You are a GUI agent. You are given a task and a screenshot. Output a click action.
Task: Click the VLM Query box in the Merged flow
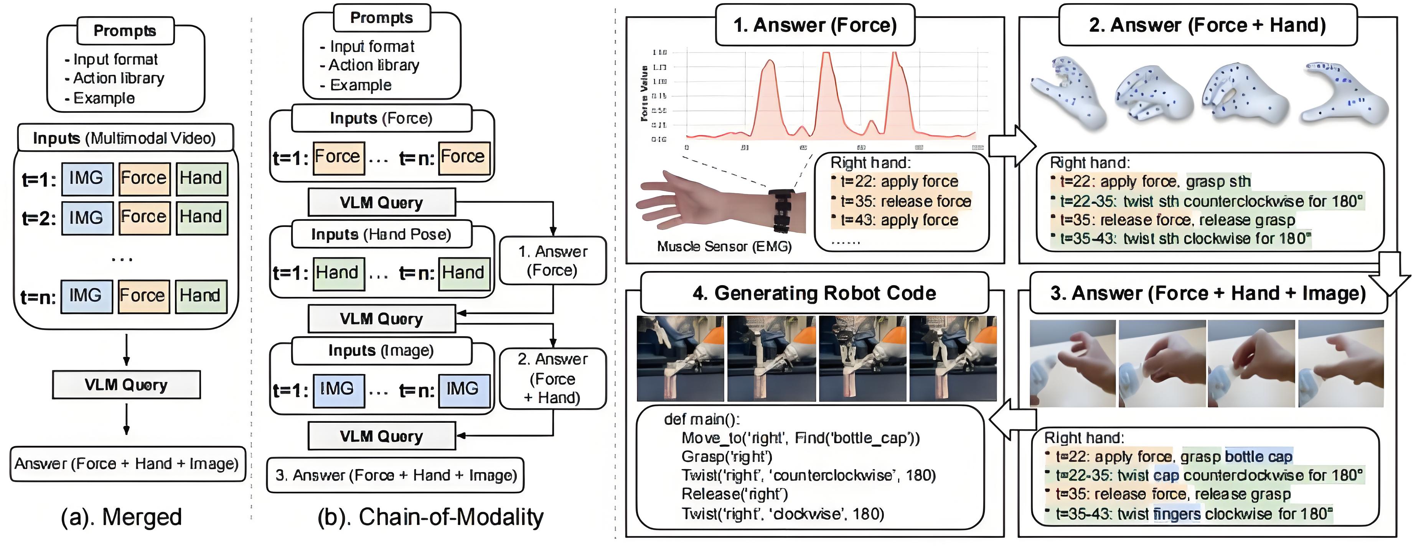point(126,385)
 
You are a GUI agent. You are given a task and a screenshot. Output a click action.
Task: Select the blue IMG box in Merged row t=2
point(87,218)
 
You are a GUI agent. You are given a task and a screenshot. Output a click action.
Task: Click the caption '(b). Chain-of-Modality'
point(430,517)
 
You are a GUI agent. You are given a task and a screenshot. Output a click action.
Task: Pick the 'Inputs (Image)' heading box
point(381,351)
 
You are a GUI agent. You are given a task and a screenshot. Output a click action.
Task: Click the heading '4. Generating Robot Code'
point(814,293)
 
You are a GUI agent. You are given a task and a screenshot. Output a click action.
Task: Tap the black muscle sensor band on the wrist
point(781,209)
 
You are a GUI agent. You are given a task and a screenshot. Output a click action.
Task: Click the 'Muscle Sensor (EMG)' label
point(724,246)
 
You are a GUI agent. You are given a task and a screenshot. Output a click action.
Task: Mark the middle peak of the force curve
point(826,55)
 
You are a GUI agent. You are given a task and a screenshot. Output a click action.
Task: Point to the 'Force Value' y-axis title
point(644,93)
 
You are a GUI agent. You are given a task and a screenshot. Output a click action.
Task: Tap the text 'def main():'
point(702,419)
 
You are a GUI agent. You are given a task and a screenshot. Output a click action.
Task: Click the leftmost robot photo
point(680,358)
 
